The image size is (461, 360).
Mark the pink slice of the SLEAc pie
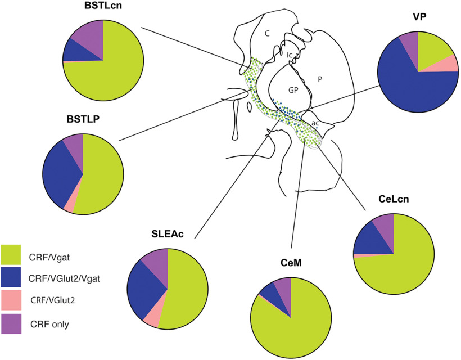point(153,319)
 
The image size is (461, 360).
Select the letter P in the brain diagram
point(319,80)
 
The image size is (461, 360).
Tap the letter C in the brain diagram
point(268,34)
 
